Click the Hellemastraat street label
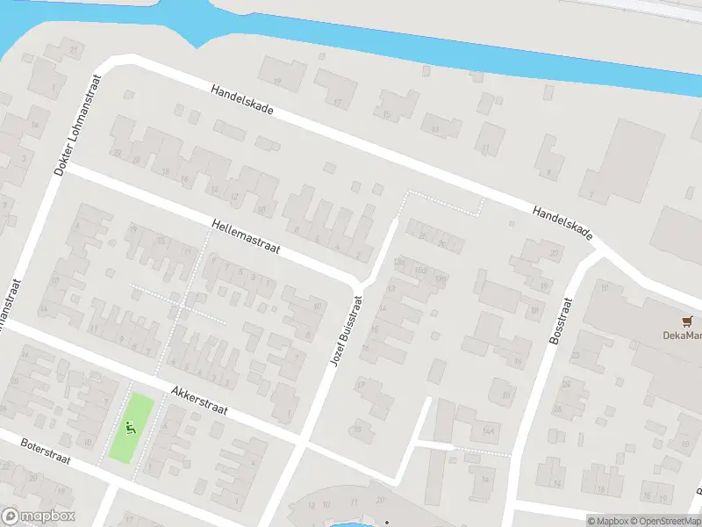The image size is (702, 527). click(245, 237)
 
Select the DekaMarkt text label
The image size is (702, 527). click(682, 336)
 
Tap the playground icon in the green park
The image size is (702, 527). click(132, 429)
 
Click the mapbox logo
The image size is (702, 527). click(39, 516)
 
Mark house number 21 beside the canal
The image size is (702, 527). click(75, 48)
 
